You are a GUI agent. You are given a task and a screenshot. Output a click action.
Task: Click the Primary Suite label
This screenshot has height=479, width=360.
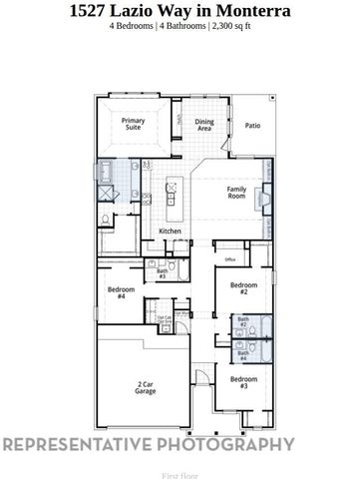(134, 125)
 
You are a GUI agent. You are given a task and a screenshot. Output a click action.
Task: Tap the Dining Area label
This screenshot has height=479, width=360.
(204, 126)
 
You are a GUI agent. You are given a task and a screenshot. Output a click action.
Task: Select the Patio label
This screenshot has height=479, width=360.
(252, 126)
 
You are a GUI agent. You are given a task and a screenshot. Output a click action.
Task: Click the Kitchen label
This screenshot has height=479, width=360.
(171, 232)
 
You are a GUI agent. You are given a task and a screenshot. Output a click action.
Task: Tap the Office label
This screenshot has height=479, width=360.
(229, 259)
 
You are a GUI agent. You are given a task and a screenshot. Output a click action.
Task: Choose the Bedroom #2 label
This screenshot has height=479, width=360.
(238, 288)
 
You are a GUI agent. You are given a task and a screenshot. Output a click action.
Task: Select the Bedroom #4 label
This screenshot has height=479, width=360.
(121, 292)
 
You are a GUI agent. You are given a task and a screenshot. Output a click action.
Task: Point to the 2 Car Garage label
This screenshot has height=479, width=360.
(146, 388)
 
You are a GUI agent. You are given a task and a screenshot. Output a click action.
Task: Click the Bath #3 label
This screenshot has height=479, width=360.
(162, 272)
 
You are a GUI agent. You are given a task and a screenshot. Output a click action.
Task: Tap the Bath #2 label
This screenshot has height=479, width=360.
(242, 322)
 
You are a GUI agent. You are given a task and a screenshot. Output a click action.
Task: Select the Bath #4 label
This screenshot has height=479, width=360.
(242, 352)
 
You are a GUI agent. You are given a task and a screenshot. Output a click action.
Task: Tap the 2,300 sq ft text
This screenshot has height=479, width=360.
(234, 28)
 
